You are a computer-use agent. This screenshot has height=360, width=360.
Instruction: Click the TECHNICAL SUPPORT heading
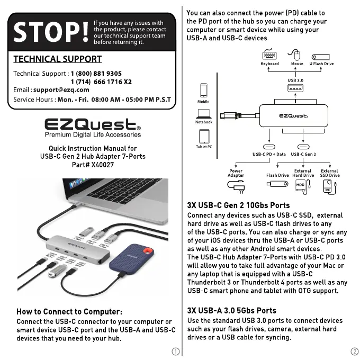(x=57, y=59)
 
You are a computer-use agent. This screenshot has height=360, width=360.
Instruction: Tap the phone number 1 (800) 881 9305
(x=96, y=74)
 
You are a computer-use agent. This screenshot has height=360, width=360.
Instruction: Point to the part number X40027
(x=102, y=165)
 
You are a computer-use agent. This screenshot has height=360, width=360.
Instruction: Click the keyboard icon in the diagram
(x=269, y=55)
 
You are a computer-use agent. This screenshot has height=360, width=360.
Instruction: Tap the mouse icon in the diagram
(x=297, y=55)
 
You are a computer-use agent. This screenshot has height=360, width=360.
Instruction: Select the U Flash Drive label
(x=321, y=64)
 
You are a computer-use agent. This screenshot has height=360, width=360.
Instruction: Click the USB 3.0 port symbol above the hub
(x=295, y=88)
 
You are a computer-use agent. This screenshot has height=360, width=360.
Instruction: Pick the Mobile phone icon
(x=203, y=89)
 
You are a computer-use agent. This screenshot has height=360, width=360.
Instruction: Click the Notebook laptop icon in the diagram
(x=204, y=113)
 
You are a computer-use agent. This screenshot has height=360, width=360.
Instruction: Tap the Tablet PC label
(x=204, y=147)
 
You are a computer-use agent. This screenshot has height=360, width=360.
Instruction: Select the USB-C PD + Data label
(x=268, y=154)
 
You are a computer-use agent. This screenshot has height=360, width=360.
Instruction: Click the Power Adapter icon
(x=235, y=186)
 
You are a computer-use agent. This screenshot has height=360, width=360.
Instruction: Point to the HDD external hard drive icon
(x=302, y=185)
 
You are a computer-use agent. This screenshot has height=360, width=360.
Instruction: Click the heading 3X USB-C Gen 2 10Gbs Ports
(x=238, y=205)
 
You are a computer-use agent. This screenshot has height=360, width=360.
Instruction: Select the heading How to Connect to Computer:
(x=69, y=311)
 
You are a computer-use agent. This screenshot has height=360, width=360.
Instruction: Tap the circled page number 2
(x=354, y=352)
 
